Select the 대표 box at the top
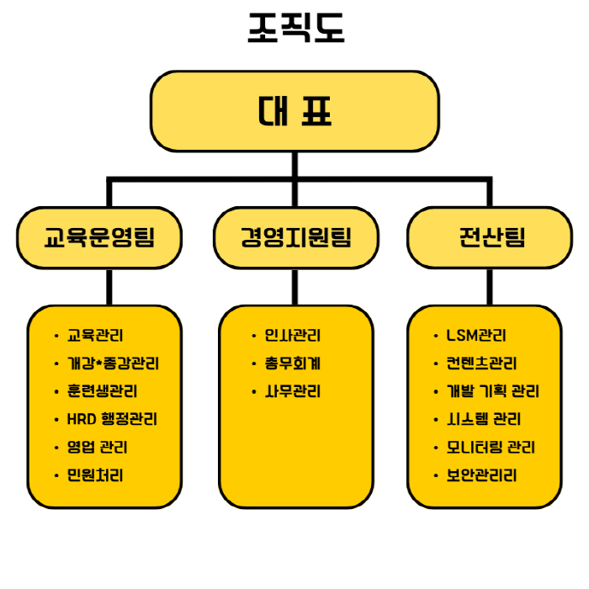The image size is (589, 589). (295, 111)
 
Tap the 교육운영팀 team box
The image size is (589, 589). (100, 237)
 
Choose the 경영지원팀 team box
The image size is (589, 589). (295, 237)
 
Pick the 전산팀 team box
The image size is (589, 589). (491, 237)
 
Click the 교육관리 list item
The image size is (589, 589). (94, 336)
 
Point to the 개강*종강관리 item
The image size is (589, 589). (113, 363)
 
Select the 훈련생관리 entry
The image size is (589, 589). (102, 391)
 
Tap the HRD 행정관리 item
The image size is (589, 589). (112, 419)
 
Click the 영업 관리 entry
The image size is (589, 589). (97, 447)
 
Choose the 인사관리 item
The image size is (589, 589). (293, 336)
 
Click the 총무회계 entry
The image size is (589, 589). (293, 363)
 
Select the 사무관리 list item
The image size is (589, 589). (293, 391)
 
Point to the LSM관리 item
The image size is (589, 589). (476, 336)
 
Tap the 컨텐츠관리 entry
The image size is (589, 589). (481, 363)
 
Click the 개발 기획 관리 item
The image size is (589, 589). (492, 391)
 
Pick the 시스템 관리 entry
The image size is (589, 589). (484, 419)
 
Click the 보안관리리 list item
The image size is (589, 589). (481, 475)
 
